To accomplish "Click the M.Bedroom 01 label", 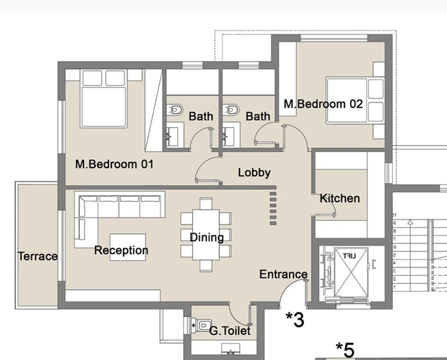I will [114, 164].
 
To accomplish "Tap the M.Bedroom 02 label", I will [323, 104].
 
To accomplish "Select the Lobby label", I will [254, 173].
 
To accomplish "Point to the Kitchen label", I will [339, 198].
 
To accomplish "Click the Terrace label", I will [38, 256].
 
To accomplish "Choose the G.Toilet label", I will [230, 331].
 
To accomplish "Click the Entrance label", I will [283, 274].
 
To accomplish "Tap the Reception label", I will [121, 250].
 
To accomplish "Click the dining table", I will [206, 235].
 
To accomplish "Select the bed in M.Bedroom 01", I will [104, 99].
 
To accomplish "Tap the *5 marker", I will [345, 349].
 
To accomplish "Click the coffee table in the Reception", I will [128, 247].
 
